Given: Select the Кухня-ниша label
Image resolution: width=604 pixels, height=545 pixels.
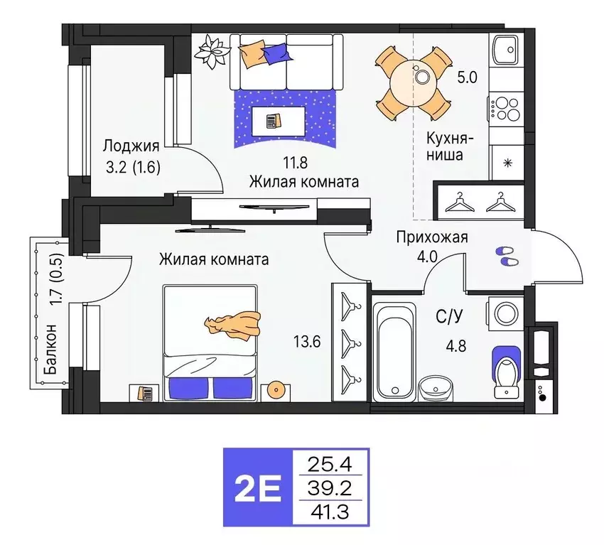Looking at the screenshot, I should (x=446, y=145).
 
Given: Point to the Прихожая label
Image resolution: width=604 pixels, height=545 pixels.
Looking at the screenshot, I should (x=431, y=237).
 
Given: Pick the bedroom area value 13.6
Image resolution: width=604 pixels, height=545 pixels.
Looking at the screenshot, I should (x=307, y=342).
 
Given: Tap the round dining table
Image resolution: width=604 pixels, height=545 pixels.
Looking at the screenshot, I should (x=413, y=75).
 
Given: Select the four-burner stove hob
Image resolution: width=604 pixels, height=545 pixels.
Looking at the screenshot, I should (x=507, y=109).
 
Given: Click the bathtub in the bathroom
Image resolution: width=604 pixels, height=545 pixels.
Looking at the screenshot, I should (x=394, y=350).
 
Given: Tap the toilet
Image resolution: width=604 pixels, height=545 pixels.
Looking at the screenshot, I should (x=508, y=367).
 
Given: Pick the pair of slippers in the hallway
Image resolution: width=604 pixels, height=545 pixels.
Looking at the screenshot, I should (x=507, y=256).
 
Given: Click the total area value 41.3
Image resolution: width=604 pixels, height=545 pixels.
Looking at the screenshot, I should (x=330, y=511).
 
